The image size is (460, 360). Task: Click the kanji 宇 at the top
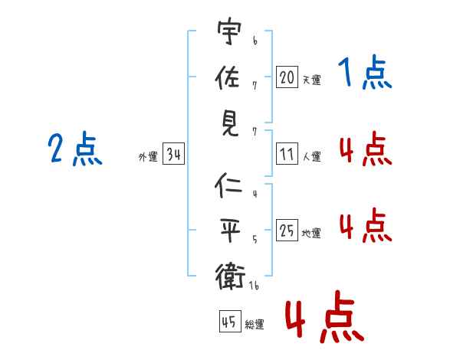(229, 31)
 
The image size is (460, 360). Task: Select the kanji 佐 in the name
(228, 77)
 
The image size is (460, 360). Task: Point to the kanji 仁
(228, 185)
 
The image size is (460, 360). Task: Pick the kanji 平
(231, 230)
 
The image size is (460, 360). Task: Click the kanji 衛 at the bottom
(230, 277)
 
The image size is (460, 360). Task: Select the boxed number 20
(287, 77)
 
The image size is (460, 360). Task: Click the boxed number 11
(287, 154)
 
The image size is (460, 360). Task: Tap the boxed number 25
(287, 230)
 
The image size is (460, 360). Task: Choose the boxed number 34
(173, 154)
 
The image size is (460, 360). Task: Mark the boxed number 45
(230, 321)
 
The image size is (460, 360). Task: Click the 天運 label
(312, 80)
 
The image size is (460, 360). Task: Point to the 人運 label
(312, 156)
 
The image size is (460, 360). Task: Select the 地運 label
(311, 233)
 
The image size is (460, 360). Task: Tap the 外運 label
(148, 157)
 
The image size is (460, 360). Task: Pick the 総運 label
(255, 325)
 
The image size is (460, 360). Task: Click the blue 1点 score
(365, 72)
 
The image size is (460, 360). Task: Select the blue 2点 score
(75, 149)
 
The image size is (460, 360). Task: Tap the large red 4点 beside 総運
(325, 316)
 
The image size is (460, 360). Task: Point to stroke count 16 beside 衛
(254, 285)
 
